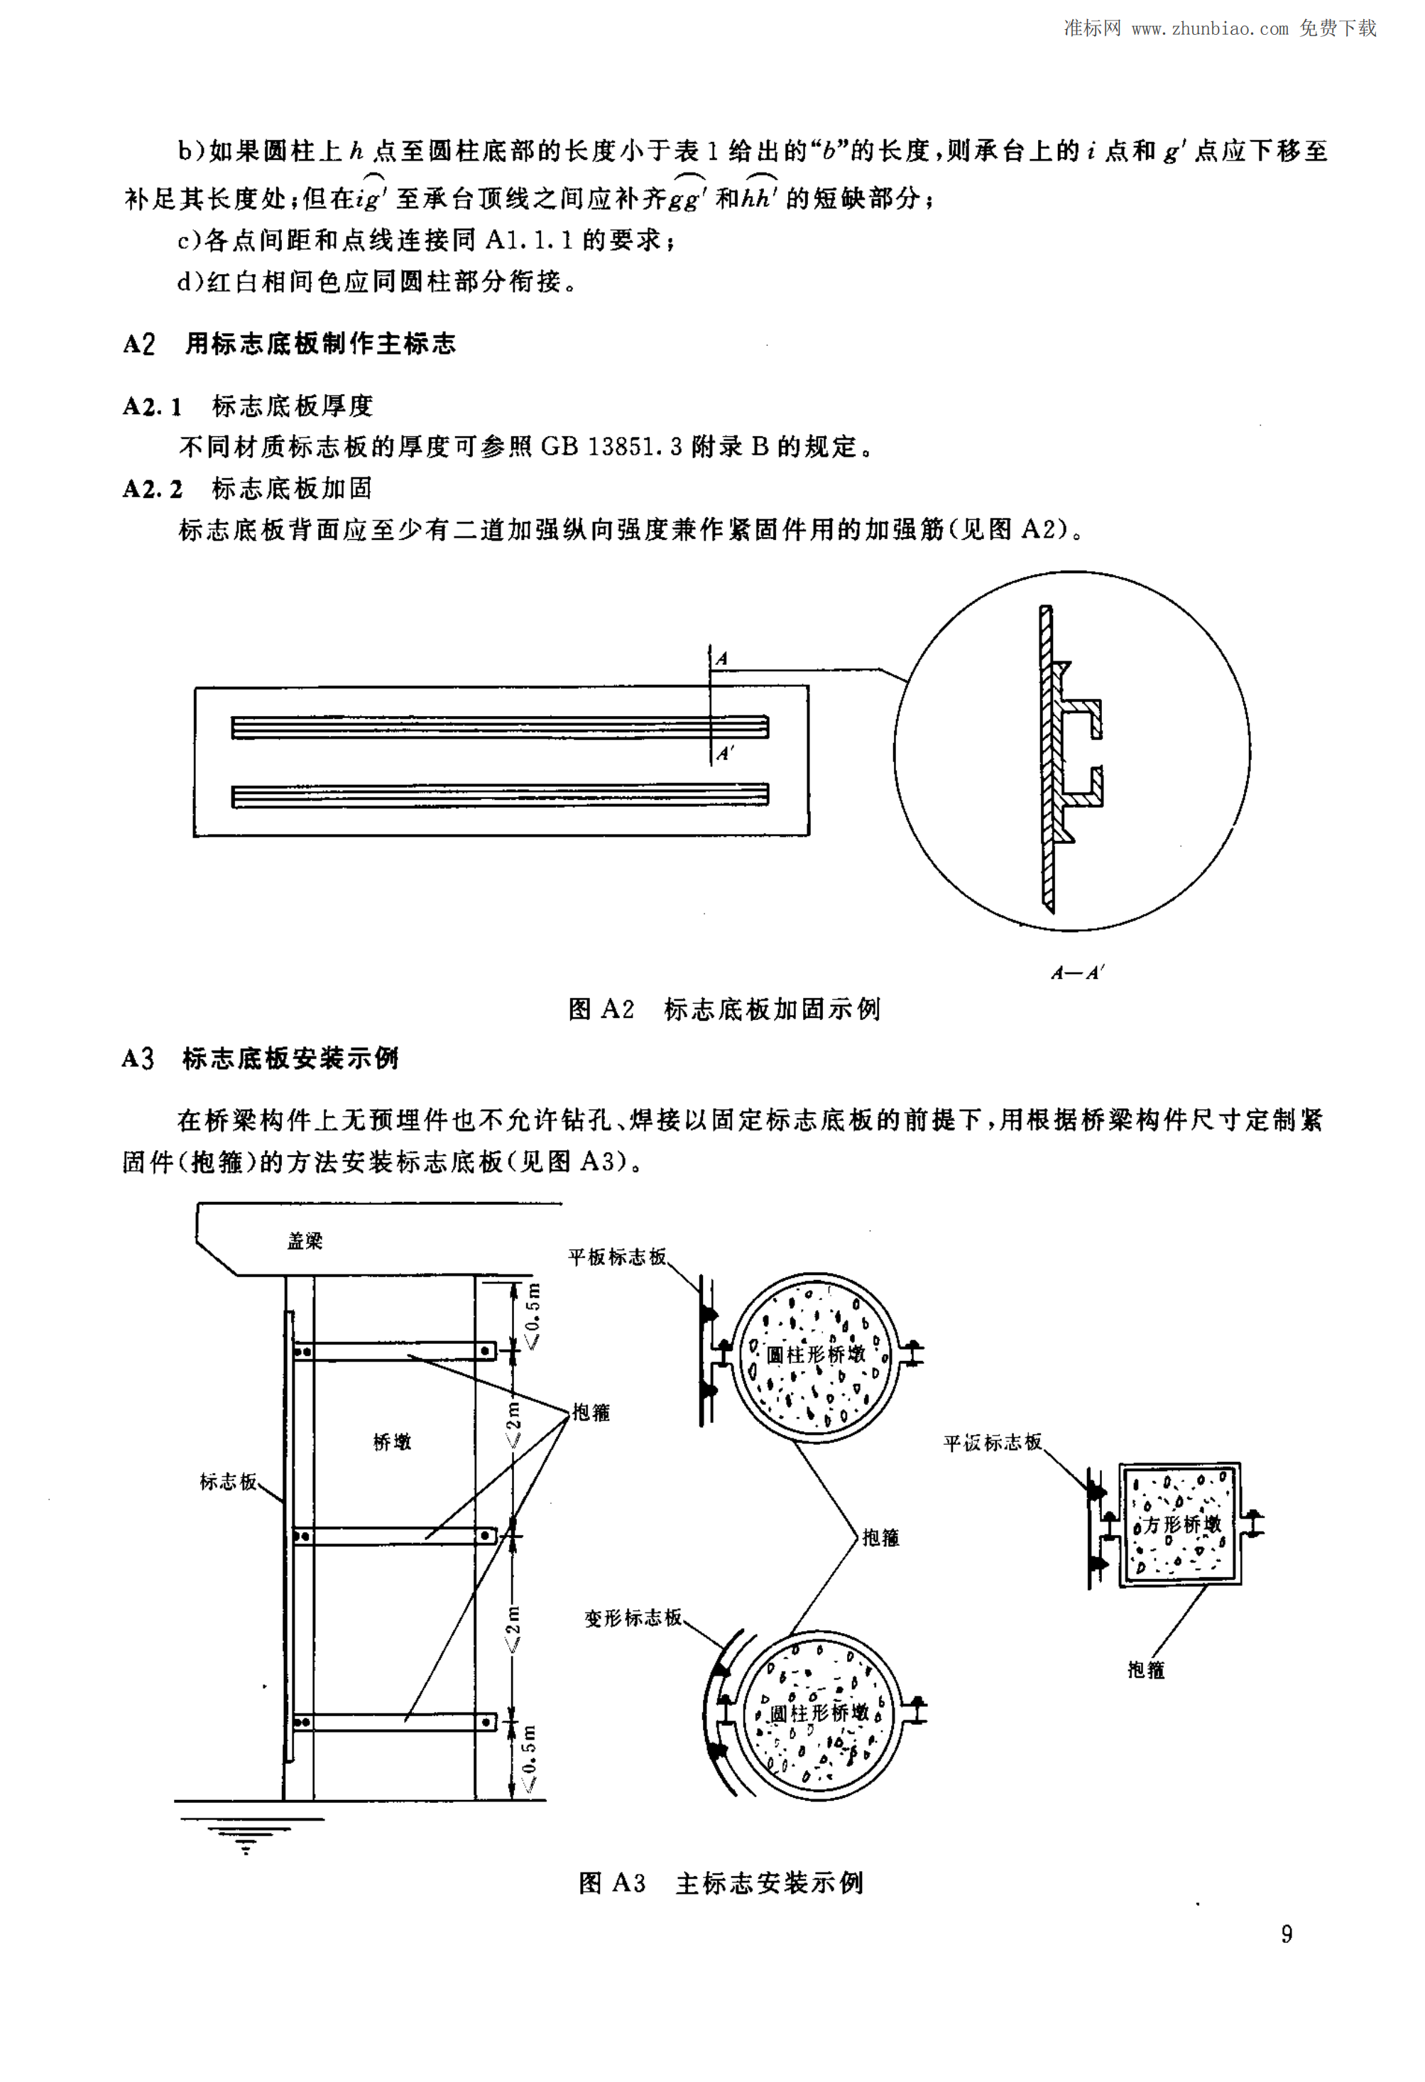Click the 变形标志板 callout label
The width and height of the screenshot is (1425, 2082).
633,1617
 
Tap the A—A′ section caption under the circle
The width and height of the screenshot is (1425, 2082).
1078,972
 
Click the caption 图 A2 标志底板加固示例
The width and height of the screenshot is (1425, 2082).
724,1009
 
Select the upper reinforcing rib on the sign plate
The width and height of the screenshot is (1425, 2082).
500,727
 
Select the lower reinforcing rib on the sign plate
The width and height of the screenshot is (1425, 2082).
500,795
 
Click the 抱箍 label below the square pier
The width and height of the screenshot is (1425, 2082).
1145,1670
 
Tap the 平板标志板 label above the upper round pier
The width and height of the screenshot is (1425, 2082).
617,1257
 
